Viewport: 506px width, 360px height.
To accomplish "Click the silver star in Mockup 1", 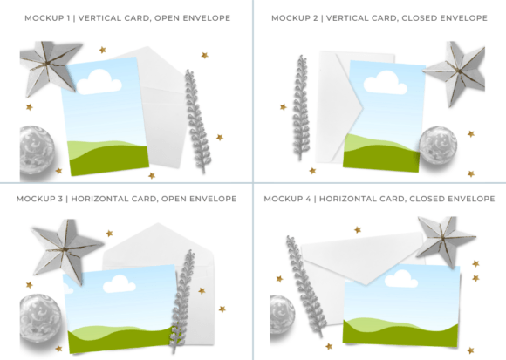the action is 48,66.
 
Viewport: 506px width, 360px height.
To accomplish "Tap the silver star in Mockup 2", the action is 456,72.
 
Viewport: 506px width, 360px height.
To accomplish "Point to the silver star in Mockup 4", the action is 444,240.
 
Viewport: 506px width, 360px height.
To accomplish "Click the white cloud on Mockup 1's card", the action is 99,83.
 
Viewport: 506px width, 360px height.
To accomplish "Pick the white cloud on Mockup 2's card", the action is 385,83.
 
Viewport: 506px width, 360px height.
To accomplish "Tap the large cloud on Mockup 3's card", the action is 119,284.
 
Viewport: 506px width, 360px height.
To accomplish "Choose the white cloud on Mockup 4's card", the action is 401,279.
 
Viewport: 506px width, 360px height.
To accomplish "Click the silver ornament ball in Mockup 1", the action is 37,150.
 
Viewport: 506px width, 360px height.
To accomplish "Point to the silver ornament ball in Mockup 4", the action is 282,314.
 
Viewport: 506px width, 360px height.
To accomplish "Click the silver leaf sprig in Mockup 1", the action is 197,121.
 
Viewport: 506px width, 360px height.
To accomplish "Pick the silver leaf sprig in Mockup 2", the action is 301,107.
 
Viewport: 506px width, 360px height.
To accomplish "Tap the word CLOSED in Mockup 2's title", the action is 414,18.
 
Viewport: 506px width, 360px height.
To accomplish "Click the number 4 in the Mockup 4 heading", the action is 308,199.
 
